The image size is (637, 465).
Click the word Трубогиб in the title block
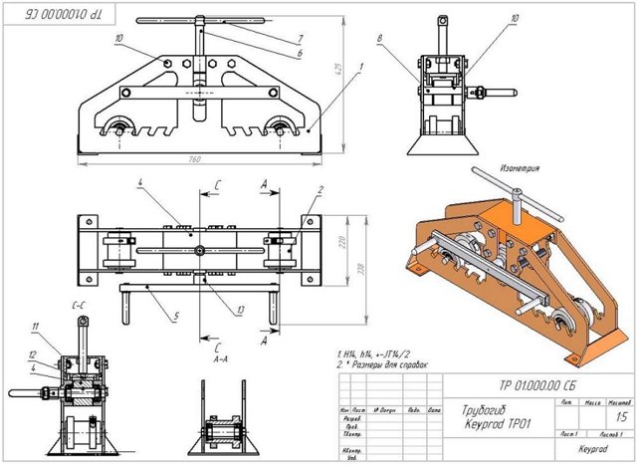click(x=483, y=408)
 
